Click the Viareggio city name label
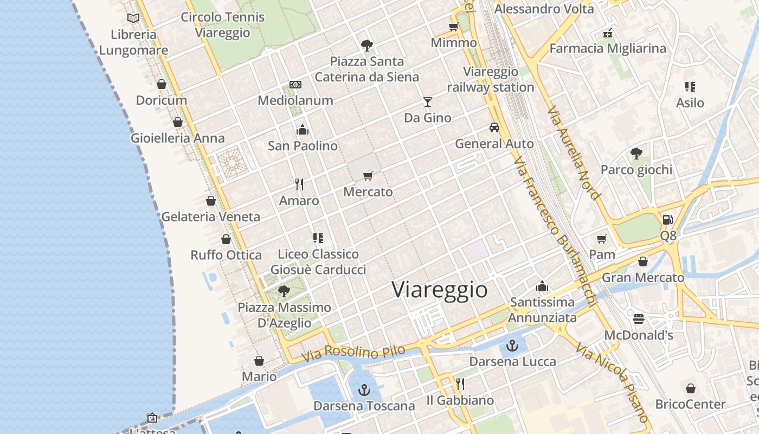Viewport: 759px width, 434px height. pos(440,290)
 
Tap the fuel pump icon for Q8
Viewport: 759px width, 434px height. pos(668,220)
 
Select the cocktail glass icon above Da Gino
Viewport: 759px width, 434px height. pos(428,101)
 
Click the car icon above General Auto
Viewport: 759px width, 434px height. pos(494,127)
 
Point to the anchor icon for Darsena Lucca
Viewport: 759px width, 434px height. pos(512,345)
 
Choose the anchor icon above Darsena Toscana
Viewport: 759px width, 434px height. pos(364,390)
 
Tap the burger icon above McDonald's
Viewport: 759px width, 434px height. pos(639,318)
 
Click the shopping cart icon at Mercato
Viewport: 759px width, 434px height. pos(368,176)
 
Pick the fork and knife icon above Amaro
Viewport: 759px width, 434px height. pos(299,184)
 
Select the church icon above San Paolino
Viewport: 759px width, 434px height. pos(303,130)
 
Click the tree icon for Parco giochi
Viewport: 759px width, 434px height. pos(636,154)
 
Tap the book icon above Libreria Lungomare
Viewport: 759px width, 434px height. pos(133,18)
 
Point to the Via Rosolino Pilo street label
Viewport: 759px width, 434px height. pos(353,354)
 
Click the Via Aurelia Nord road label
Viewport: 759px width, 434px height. pos(574,153)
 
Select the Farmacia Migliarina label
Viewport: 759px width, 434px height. pos(608,48)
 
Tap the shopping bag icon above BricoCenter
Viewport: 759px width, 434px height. pos(691,388)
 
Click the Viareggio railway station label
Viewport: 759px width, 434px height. pos(491,79)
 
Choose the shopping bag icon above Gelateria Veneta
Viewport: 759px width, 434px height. pos(211,201)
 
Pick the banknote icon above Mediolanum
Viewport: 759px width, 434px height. pos(295,85)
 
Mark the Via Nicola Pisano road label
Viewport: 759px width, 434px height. pos(613,382)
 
